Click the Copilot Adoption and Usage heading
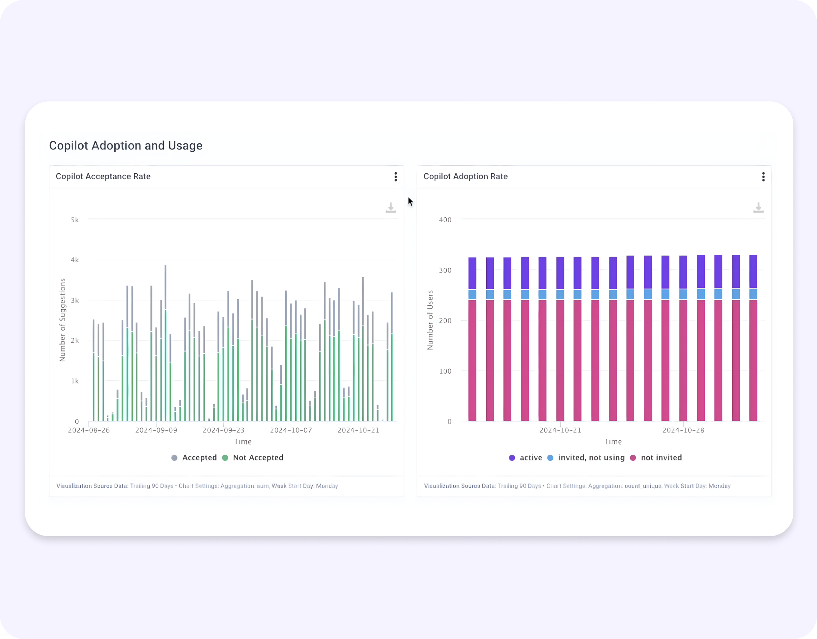(125, 146)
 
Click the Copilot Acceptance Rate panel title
(103, 176)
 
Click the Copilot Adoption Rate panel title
(465, 176)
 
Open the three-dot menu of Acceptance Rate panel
(395, 176)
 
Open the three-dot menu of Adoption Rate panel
(763, 176)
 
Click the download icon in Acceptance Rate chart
(390, 208)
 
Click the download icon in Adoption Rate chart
(758, 208)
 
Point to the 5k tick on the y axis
(75, 220)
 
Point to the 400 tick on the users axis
(445, 220)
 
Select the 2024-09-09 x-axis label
(156, 430)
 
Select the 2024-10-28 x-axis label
(683, 430)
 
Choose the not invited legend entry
(656, 458)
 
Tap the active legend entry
(526, 458)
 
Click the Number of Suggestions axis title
(63, 320)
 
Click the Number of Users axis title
(430, 320)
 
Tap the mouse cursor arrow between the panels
(410, 201)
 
